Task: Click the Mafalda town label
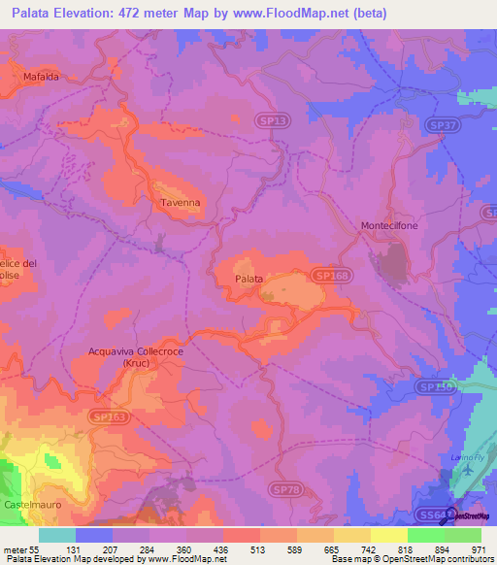35,76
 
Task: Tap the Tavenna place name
180,203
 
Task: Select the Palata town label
248,279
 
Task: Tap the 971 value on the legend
481,548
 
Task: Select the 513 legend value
241,548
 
